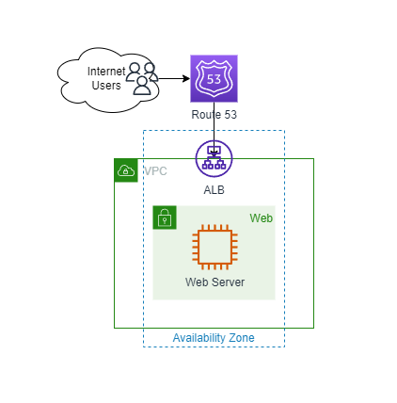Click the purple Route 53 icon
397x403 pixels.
point(214,78)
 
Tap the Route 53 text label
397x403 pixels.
point(214,115)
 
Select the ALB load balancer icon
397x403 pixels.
point(214,159)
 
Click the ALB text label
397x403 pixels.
point(214,190)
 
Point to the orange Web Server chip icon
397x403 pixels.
point(214,247)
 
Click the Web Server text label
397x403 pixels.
point(214,282)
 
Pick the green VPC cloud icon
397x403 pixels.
point(126,170)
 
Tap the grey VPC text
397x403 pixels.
point(155,171)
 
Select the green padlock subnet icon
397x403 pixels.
point(165,218)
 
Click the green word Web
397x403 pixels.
point(262,218)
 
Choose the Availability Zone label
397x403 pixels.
point(214,338)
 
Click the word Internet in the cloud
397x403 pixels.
point(106,72)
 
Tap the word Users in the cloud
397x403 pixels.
point(106,86)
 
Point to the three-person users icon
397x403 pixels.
point(142,79)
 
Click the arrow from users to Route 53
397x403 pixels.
point(174,78)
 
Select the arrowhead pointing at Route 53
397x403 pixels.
point(187,78)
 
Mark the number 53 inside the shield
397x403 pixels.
point(214,79)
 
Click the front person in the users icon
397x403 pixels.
point(142,86)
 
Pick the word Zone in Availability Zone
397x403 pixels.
point(242,338)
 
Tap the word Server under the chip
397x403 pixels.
point(228,282)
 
